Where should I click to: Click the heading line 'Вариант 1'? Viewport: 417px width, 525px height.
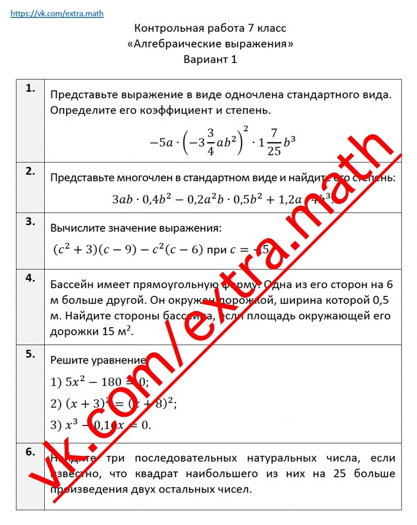pos(210,60)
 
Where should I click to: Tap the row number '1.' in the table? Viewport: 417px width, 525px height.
pos(31,87)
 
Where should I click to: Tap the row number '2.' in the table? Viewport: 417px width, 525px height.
pos(31,171)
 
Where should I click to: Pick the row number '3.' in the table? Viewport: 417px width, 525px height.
pos(31,221)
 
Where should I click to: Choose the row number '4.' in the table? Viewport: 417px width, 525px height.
pos(31,277)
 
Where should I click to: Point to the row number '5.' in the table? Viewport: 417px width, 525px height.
pos(31,353)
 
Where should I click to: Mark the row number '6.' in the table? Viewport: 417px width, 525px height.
pos(31,452)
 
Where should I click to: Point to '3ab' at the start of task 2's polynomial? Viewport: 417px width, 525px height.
pos(122,199)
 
